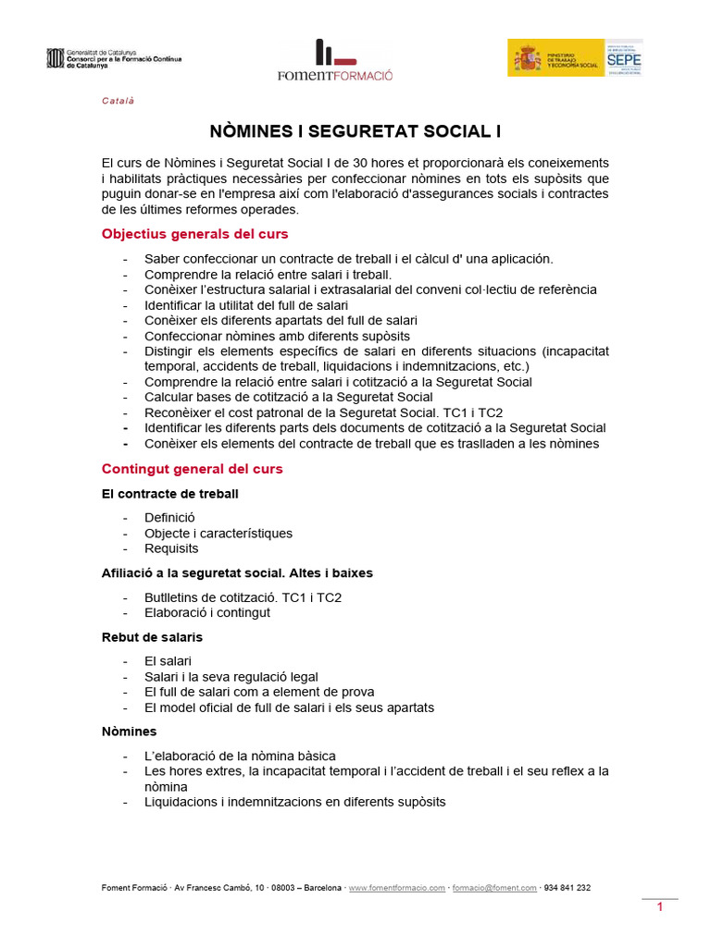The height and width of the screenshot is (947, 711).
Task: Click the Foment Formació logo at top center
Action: (x=334, y=61)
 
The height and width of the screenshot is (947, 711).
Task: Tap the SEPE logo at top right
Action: (x=624, y=57)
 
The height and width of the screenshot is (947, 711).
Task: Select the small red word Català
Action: (x=118, y=101)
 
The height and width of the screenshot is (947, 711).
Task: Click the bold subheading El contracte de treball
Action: (x=169, y=494)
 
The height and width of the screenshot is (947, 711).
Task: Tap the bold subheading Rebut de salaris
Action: (x=152, y=637)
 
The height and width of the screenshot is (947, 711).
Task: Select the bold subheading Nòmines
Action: (x=129, y=732)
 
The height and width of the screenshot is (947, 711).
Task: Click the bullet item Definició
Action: (x=169, y=518)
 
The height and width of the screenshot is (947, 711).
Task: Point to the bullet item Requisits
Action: (x=171, y=548)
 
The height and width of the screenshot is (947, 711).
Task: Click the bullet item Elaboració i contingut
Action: (x=207, y=612)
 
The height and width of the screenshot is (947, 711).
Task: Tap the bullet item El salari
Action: (x=168, y=661)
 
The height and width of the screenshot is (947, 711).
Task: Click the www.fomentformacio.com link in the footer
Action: (x=396, y=888)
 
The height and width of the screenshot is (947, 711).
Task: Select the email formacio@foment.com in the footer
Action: (x=494, y=888)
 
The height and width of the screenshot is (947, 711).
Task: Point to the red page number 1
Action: (x=660, y=907)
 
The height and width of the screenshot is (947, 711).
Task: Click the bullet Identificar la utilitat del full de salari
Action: (x=246, y=305)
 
